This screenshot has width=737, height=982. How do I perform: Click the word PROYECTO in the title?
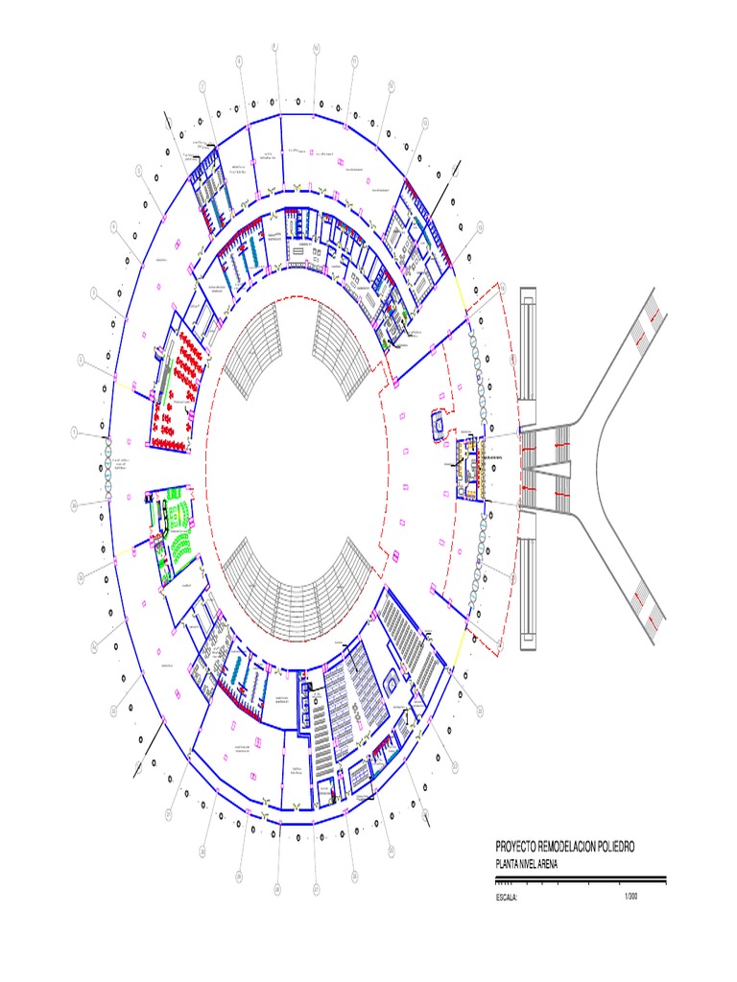[519, 847]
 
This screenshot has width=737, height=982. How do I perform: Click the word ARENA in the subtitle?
[543, 864]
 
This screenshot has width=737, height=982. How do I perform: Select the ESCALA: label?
[506, 898]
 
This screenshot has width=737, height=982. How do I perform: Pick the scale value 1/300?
[630, 896]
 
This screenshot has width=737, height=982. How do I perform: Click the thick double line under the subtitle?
[580, 876]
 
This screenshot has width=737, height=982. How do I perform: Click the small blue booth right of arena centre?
[438, 425]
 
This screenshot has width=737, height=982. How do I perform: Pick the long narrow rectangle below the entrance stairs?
[528, 591]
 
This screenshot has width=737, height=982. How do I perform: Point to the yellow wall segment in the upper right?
[462, 293]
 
